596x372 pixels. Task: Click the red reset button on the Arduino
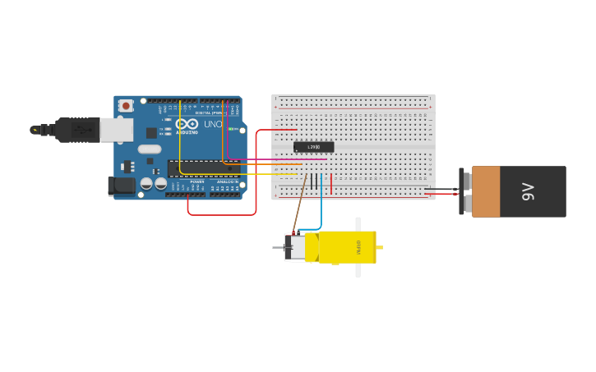point(125,105)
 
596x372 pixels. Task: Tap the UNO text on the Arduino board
point(213,124)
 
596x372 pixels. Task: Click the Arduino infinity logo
point(187,123)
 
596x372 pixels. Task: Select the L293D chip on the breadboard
point(313,147)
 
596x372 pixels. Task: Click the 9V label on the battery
point(528,192)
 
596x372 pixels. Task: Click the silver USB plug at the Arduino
point(116,129)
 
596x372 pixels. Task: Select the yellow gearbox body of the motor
point(346,247)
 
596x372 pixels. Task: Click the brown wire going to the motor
point(298,205)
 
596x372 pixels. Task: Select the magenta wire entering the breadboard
point(280,160)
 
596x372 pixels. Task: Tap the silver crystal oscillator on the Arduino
point(150,149)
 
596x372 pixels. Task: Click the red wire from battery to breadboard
point(441,195)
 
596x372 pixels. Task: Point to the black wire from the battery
point(441,189)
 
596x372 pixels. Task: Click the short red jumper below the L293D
point(331,185)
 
